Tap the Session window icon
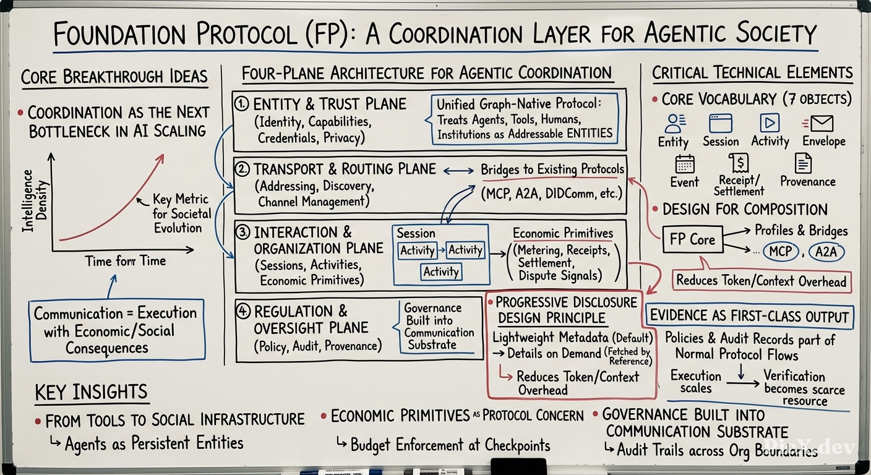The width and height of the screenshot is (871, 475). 721,123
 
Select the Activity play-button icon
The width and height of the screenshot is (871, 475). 770,123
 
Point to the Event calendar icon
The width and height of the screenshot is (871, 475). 685,164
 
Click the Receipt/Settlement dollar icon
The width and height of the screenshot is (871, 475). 739,163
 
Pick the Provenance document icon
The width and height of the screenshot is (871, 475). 804,163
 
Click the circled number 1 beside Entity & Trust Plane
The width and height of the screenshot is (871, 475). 242,104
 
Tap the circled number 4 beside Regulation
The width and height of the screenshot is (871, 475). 243,311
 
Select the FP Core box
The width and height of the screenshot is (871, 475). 692,239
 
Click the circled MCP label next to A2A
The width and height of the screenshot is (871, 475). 781,252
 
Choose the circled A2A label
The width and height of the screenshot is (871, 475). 826,252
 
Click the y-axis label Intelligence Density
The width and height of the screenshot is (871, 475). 35,201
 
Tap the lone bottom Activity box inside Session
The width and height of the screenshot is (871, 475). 441,272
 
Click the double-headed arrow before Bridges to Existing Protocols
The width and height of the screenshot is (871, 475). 458,170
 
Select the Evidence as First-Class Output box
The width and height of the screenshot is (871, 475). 749,317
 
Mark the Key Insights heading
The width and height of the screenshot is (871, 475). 91,392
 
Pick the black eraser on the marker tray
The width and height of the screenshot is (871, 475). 518,466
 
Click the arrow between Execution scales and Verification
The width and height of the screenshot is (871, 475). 743,383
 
